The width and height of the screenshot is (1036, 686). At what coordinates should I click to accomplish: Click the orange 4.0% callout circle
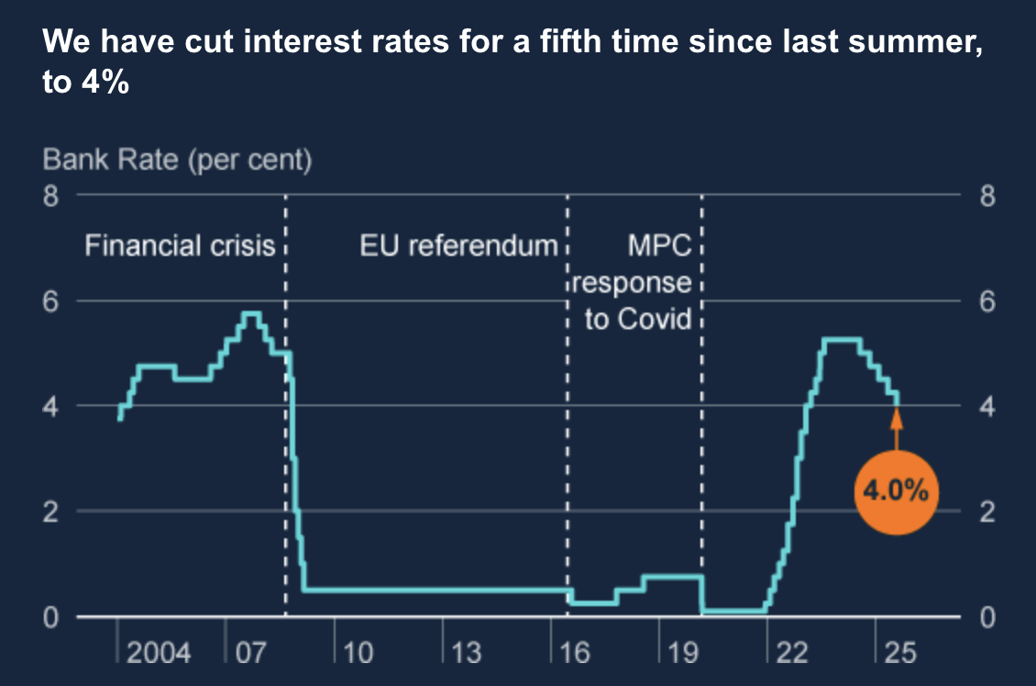click(896, 492)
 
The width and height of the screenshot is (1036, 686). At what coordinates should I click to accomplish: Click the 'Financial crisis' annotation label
click(180, 246)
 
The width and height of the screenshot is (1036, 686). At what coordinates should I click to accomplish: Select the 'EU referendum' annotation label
click(458, 246)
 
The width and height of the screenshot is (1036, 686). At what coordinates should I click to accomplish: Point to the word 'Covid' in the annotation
click(655, 319)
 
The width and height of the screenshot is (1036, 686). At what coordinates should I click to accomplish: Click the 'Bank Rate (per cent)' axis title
click(178, 160)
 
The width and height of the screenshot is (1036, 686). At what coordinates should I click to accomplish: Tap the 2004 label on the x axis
click(159, 653)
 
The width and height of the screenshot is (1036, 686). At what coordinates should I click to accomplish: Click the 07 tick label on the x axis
click(249, 653)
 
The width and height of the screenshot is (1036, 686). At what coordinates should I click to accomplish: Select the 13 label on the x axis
click(466, 653)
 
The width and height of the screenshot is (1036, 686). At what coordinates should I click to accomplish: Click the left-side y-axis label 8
click(51, 195)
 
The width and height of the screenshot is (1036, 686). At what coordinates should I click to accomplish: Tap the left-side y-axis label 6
click(51, 301)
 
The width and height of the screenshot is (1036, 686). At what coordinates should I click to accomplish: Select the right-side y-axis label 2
click(986, 511)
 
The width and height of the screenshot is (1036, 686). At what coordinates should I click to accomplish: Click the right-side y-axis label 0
click(986, 616)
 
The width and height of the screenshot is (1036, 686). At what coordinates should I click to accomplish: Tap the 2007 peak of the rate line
click(251, 314)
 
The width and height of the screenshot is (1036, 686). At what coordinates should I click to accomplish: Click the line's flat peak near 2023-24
click(842, 339)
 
